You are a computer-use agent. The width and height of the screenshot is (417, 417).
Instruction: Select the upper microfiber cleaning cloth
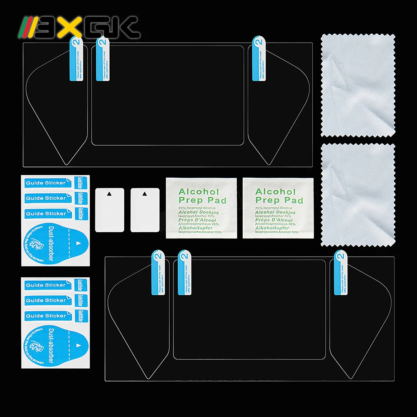pyautogui.click(x=358, y=85)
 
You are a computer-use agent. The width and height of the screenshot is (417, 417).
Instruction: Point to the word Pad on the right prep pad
pyautogui.click(x=296, y=201)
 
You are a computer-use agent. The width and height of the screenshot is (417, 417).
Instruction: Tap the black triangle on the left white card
pyautogui.click(x=109, y=194)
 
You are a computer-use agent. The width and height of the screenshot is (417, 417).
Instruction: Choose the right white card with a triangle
pyautogui.click(x=145, y=210)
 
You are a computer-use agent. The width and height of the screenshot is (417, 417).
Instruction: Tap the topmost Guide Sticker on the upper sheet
pyautogui.click(x=45, y=183)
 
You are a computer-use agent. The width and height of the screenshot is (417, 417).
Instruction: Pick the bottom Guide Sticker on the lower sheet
pyautogui.click(x=45, y=316)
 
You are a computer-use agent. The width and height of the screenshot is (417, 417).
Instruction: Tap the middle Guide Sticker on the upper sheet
pyautogui.click(x=45, y=198)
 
